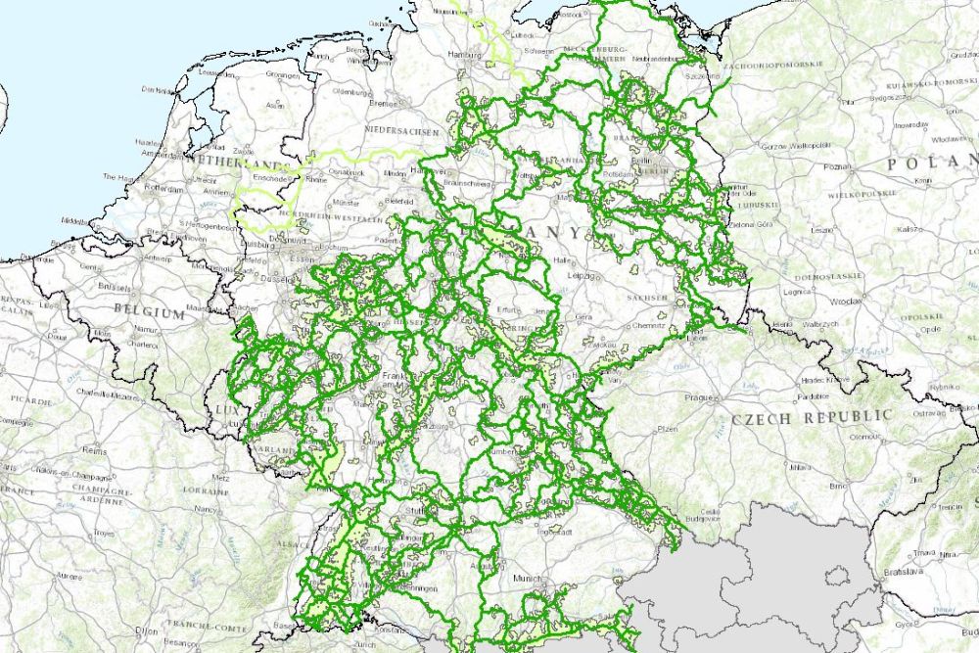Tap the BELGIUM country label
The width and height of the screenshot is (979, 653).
(x=149, y=313)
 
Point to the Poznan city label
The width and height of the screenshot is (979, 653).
(x=838, y=167)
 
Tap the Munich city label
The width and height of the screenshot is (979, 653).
(x=527, y=579)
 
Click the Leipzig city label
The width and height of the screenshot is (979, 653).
(x=583, y=276)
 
